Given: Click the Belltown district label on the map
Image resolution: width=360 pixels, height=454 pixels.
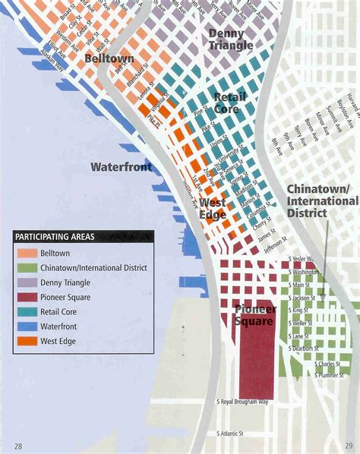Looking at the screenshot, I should click(109, 58).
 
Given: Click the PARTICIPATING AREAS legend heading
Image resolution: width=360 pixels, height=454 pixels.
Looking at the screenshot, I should click(55, 237).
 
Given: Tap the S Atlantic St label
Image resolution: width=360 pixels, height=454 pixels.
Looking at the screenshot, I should click(229, 434).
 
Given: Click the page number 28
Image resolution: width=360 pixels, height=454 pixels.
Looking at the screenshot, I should click(17, 445).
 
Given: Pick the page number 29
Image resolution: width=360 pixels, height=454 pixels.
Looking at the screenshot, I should click(349, 445).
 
